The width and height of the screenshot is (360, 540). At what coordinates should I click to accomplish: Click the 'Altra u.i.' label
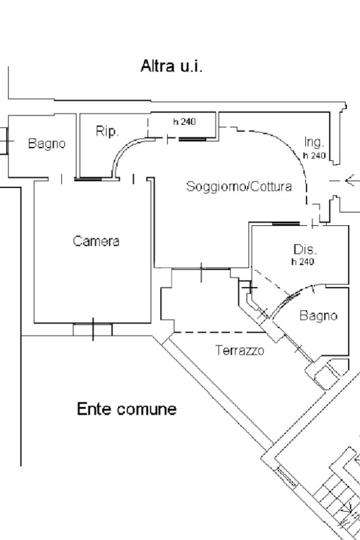(x=171, y=66)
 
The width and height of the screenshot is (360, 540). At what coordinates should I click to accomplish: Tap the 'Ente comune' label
(x=127, y=409)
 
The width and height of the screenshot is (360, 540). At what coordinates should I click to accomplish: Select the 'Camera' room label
(x=96, y=242)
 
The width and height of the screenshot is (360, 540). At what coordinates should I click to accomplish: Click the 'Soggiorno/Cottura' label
(x=239, y=187)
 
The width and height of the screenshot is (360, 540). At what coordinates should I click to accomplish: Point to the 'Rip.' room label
(x=107, y=131)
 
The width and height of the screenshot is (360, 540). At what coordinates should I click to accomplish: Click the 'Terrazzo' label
(x=240, y=350)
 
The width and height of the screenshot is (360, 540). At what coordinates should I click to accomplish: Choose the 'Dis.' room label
(x=305, y=249)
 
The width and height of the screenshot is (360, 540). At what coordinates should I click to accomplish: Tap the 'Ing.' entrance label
(x=314, y=142)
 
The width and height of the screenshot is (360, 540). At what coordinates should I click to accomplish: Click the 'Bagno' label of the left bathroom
(x=47, y=143)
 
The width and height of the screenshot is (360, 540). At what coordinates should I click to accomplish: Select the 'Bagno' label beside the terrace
(x=318, y=315)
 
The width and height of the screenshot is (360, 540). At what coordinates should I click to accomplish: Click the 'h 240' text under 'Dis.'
(x=303, y=262)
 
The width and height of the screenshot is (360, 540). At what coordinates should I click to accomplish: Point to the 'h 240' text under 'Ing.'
(x=314, y=156)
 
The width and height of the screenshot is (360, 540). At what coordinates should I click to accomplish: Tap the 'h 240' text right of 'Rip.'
(x=184, y=122)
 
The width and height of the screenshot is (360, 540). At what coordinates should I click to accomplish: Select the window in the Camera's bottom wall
(x=93, y=330)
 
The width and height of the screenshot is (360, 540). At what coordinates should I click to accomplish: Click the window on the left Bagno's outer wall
(x=4, y=141)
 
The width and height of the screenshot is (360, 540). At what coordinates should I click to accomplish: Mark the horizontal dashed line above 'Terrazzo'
(x=219, y=332)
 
